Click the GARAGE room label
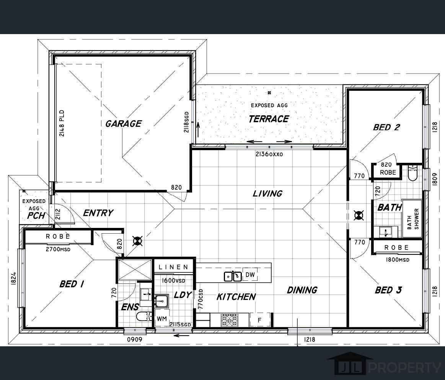[124, 124]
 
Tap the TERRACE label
[269, 119]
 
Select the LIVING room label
[267, 193]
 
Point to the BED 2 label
[386, 127]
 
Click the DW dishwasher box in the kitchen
[250, 275]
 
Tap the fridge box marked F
[259, 320]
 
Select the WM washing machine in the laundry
[162, 319]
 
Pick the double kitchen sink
[233, 276]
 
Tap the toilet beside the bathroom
[412, 173]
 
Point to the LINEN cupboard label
[174, 267]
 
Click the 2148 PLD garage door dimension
[62, 123]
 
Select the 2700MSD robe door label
[58, 249]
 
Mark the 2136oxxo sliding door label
[269, 154]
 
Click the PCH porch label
[36, 216]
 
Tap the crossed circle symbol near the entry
[138, 241]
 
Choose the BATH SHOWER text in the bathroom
[413, 219]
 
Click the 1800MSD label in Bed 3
[397, 259]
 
